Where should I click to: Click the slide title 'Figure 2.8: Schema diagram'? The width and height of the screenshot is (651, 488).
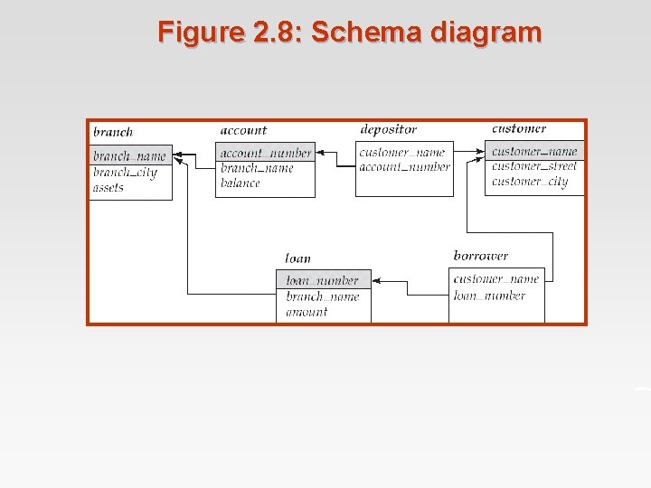tap(349, 33)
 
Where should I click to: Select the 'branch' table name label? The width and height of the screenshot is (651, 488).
tap(113, 132)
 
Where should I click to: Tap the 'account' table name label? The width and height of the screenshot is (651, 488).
tap(243, 131)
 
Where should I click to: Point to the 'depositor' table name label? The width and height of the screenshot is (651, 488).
tap(388, 129)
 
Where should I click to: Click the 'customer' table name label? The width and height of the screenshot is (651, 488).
tap(519, 128)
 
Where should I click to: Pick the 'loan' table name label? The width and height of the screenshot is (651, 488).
tap(297, 258)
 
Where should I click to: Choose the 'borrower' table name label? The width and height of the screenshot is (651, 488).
tap(480, 257)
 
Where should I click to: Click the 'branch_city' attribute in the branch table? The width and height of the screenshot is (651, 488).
tap(125, 173)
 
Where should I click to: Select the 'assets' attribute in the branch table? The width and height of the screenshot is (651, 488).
tap(108, 188)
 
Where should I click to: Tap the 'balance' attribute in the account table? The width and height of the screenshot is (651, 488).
tap(241, 183)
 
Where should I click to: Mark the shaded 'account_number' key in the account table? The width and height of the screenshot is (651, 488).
tap(265, 153)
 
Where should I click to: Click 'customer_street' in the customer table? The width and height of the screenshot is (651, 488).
tap(533, 166)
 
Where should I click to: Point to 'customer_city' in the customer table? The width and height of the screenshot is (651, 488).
tap(530, 182)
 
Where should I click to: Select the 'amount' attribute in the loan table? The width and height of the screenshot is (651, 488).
tap(307, 312)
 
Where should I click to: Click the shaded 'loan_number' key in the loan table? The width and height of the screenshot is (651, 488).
tap(323, 280)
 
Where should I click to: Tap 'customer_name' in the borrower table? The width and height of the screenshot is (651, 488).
tap(495, 278)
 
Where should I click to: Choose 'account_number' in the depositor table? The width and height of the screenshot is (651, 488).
tap(404, 167)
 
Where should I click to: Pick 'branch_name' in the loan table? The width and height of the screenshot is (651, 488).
tap(323, 296)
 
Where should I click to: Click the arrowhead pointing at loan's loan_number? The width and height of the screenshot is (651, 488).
tap(376, 281)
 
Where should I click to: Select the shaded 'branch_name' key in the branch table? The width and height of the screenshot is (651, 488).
tap(129, 156)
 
